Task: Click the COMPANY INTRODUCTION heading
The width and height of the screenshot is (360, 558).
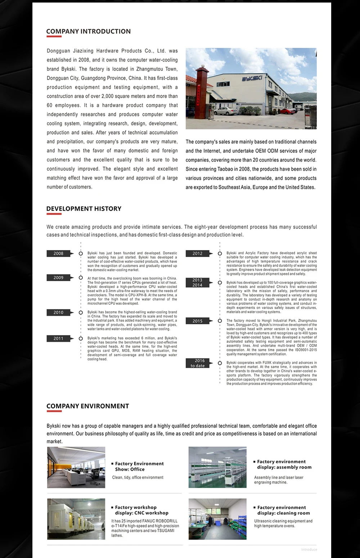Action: point(88,31)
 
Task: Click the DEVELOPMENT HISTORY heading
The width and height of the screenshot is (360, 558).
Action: point(84,209)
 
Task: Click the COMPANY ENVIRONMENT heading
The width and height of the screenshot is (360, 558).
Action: point(87,406)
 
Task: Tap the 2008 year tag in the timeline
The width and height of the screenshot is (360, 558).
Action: point(58,254)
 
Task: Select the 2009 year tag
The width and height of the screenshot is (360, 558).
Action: point(58,278)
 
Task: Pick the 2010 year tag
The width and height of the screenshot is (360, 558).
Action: point(58,313)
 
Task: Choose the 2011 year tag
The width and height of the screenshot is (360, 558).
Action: point(58,339)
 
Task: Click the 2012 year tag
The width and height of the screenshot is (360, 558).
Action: point(197,254)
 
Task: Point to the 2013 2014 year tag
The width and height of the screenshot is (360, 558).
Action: point(197,282)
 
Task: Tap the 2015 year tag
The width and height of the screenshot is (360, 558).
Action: point(197,321)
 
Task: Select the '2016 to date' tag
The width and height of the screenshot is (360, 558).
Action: point(197,363)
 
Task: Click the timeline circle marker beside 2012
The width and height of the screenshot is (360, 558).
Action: point(220,254)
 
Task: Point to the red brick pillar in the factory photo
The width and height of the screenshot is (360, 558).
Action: point(201,92)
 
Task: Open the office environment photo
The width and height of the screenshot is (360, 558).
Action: point(76,467)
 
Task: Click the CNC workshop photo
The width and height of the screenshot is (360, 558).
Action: point(76,519)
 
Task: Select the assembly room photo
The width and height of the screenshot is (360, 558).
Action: point(217,467)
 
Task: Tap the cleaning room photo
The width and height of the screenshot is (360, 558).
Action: point(217,519)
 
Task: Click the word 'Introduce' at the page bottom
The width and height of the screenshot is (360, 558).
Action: point(309,549)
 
